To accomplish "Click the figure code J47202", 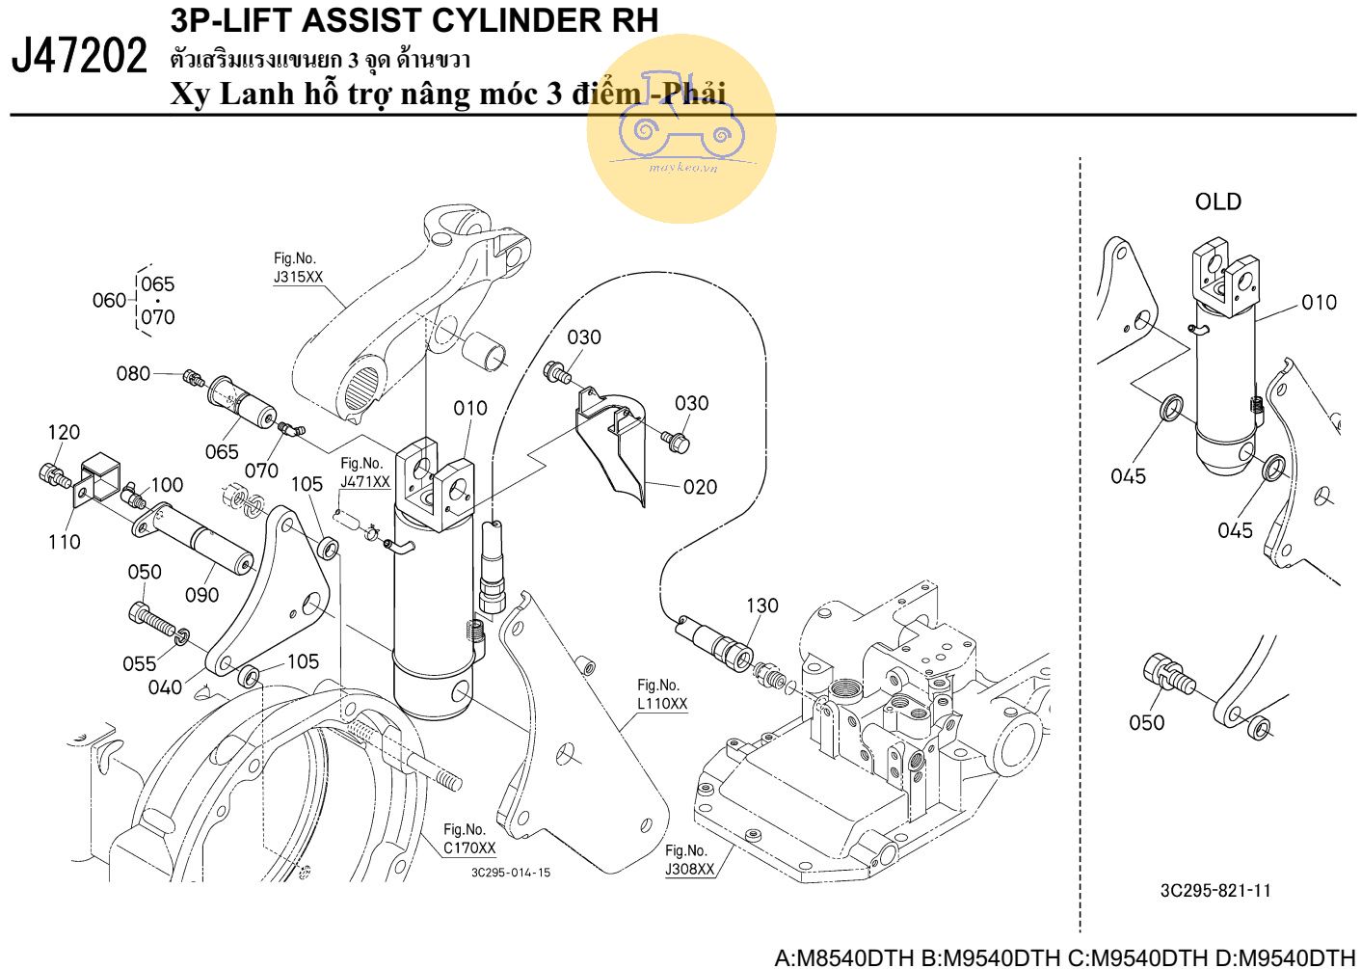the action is [79, 55].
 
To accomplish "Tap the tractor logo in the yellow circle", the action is [681, 122].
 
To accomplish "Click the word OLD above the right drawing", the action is [1217, 202].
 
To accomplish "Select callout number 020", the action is [700, 487].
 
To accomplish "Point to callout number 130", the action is [761, 605].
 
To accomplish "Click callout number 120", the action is [64, 432].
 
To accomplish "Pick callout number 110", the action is [64, 541].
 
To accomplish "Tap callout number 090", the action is [201, 595].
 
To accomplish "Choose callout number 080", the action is [133, 373].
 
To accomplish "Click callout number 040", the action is [165, 687].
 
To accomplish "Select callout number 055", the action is [140, 663].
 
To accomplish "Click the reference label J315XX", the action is [299, 278].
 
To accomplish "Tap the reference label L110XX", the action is [661, 704].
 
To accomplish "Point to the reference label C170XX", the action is [469, 848].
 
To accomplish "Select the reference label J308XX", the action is [689, 870].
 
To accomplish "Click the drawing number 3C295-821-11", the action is [1215, 891].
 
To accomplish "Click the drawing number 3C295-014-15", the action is [511, 873].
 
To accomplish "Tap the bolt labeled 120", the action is [54, 474].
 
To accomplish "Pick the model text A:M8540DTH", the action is [844, 958].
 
